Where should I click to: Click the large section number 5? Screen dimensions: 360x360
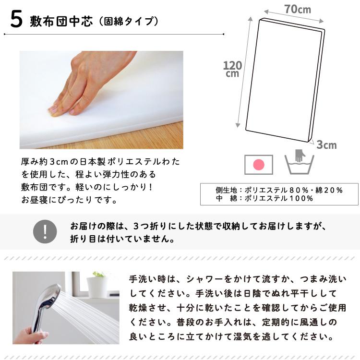(16, 20)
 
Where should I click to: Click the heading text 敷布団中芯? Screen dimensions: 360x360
(61, 22)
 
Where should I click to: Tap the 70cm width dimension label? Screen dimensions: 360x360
(298, 10)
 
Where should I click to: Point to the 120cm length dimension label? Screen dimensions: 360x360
(232, 69)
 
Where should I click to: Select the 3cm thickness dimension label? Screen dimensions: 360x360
(326, 145)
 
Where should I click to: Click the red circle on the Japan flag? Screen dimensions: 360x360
(259, 165)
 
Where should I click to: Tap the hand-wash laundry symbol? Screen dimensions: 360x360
(299, 162)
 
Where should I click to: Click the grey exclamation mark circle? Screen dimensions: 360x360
(45, 231)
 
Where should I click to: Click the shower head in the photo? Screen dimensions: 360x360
(49, 296)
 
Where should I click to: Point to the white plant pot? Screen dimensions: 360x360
(96, 287)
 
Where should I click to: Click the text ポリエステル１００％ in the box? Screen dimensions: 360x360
(279, 198)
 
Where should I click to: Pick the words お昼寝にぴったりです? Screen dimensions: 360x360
(69, 200)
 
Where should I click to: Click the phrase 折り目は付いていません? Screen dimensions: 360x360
(122, 239)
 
